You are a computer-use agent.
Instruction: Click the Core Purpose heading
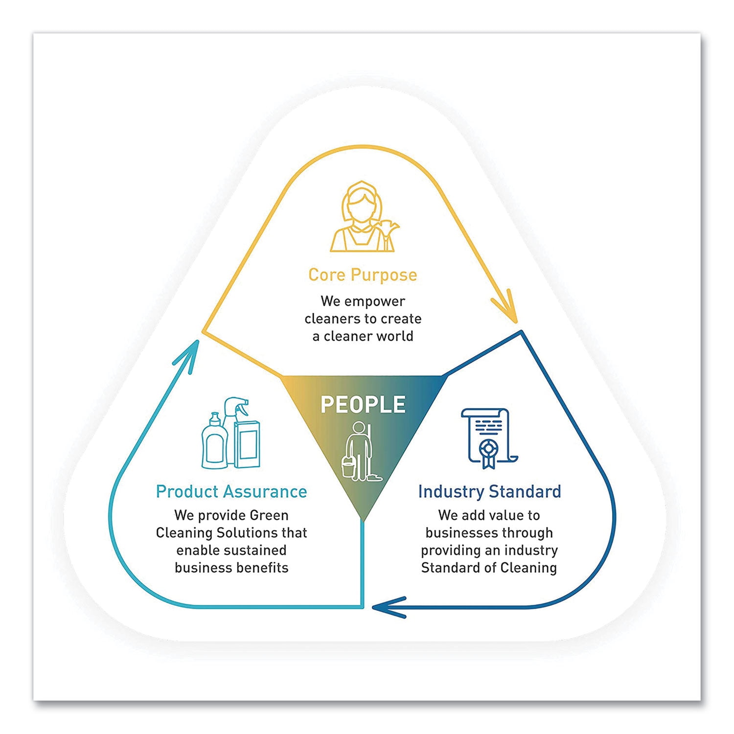pyautogui.click(x=363, y=275)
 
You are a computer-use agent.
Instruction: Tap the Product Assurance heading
pyautogui.click(x=231, y=491)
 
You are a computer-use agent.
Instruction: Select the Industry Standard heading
pyautogui.click(x=489, y=491)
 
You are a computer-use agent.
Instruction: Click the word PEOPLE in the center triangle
pyautogui.click(x=363, y=405)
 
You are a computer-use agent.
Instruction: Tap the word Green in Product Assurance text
pyautogui.click(x=269, y=515)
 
